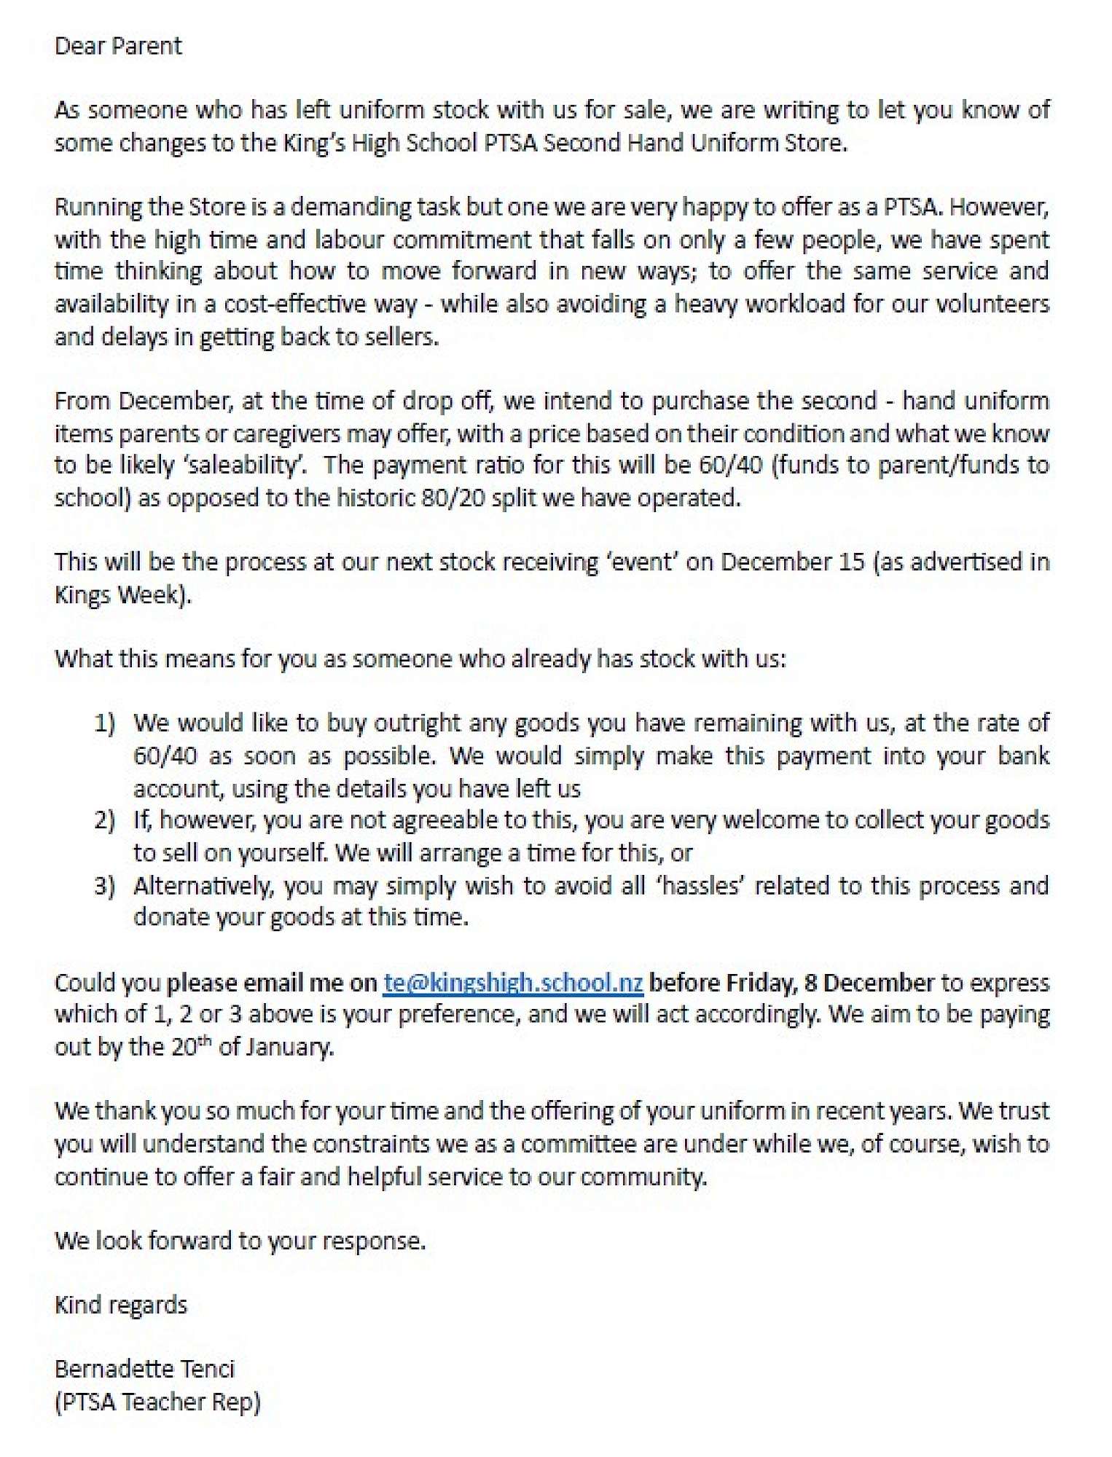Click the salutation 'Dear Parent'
[118, 47]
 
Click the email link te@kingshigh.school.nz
[513, 983]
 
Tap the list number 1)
[104, 723]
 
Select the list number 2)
[104, 820]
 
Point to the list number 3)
[104, 886]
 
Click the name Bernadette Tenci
[144, 1369]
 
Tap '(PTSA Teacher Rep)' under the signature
[157, 1402]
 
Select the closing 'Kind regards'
[121, 1305]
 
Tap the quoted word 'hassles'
[700, 886]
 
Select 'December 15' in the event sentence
[792, 562]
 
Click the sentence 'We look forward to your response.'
[240, 1241]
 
